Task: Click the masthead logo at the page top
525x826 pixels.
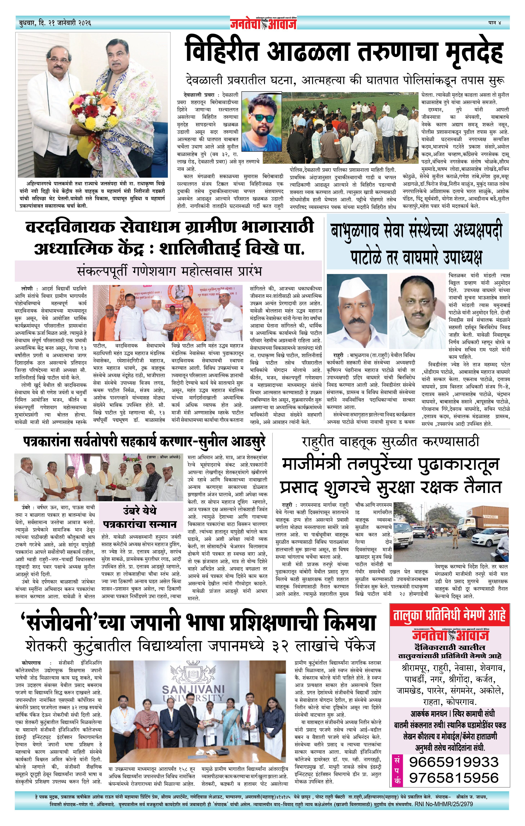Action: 263,23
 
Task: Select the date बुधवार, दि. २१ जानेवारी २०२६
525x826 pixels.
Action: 55,23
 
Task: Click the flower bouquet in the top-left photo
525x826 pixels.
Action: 93,113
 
